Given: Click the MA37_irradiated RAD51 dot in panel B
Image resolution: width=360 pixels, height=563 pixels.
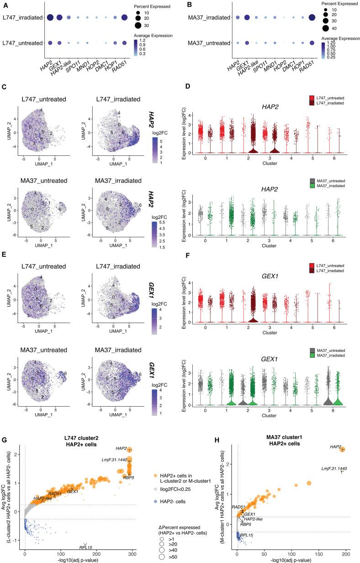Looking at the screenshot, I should (x=312, y=18).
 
